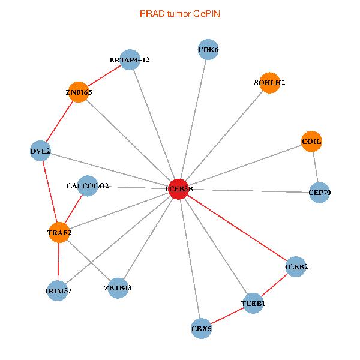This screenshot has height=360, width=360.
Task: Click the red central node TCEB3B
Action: [179, 189]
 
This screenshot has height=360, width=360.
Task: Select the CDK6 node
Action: [208, 50]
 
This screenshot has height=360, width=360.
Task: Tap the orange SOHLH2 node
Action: [269, 83]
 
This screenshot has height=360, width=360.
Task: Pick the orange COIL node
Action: [311, 142]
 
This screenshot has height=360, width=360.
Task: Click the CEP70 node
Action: [319, 193]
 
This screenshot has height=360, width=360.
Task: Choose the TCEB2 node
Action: [295, 266]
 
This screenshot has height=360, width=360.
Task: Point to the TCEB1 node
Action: [253, 304]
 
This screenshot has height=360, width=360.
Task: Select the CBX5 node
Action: [201, 328]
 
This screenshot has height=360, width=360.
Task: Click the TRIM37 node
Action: [57, 291]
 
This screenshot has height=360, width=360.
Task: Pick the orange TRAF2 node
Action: [59, 232]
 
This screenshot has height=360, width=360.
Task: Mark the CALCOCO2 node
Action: [88, 186]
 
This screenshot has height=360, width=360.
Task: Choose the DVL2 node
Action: [40, 151]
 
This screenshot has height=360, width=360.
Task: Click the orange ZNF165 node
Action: [79, 93]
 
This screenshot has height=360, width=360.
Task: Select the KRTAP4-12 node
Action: [130, 60]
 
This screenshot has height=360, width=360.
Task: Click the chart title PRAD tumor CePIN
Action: [179, 13]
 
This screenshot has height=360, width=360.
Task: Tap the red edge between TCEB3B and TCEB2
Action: [237, 228]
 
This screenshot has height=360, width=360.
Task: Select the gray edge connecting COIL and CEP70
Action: [316, 167]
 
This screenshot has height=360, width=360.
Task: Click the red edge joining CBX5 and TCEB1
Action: [227, 316]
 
